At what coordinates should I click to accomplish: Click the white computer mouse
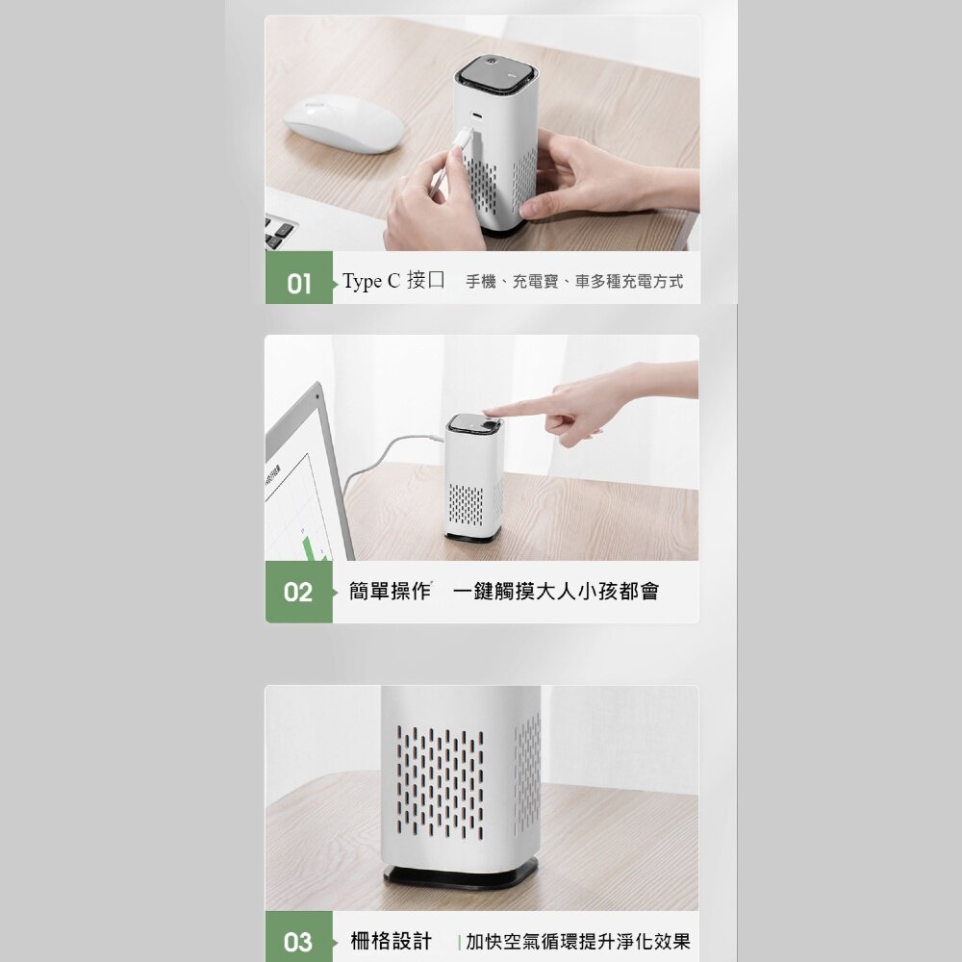click(x=344, y=124)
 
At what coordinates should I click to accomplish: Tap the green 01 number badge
click(x=299, y=278)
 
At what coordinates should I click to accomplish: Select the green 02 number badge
click(x=299, y=592)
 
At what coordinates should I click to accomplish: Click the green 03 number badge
click(x=299, y=937)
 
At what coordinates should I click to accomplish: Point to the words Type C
click(x=371, y=281)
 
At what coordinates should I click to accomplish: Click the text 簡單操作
click(x=391, y=591)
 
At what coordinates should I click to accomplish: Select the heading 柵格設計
click(x=391, y=941)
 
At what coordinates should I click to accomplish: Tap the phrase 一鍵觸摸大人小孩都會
click(x=556, y=591)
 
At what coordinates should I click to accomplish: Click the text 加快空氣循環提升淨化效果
click(x=578, y=941)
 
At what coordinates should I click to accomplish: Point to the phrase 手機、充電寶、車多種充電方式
click(x=574, y=282)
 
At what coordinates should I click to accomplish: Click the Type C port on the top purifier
click(x=476, y=115)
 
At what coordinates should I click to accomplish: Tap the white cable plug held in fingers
click(x=462, y=138)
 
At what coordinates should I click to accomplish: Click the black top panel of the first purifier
click(x=497, y=74)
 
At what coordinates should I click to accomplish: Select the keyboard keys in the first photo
click(x=279, y=232)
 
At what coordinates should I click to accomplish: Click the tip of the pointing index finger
click(x=486, y=413)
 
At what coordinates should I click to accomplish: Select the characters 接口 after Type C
click(x=426, y=280)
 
